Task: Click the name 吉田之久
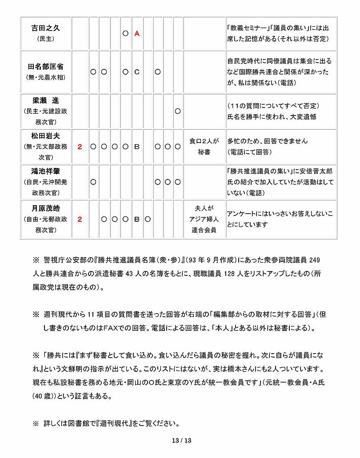coord(45,28)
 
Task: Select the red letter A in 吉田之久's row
coord(137,33)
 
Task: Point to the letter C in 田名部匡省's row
coord(137,71)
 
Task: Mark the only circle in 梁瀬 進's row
coord(177,111)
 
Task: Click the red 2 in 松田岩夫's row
coord(80,146)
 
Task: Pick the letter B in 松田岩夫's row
coord(137,146)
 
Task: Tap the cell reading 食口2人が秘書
coord(204,146)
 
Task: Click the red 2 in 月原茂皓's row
coord(80,219)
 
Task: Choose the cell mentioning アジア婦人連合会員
coord(204,219)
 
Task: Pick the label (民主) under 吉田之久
coord(45,39)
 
